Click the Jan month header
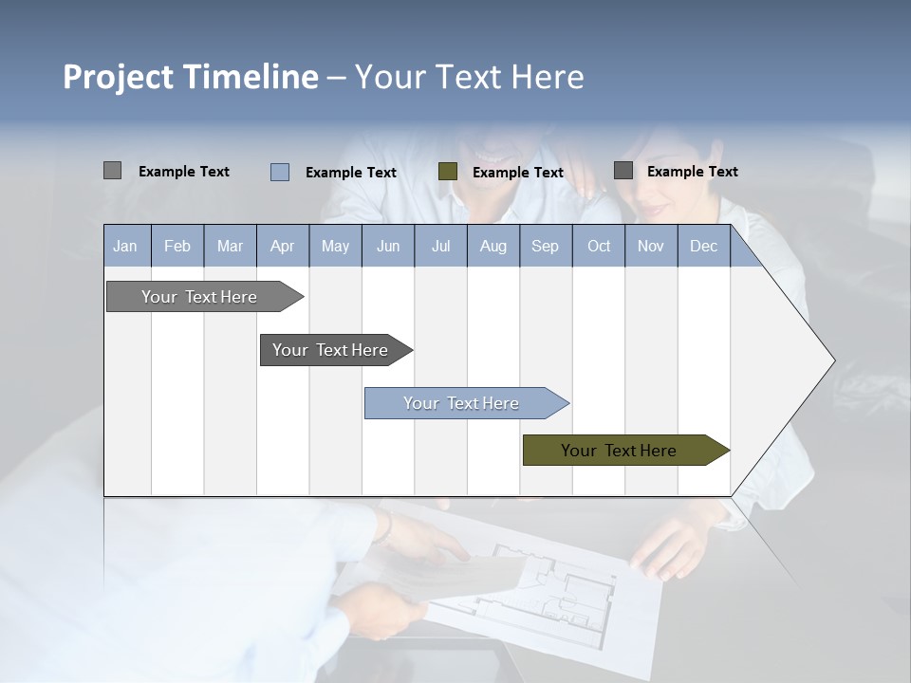pyautogui.click(x=125, y=246)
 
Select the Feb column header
pyautogui.click(x=177, y=246)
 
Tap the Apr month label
pyautogui.click(x=282, y=246)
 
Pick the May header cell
pyautogui.click(x=335, y=246)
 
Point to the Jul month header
pyautogui.click(x=440, y=246)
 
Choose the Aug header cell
pyautogui.click(x=493, y=246)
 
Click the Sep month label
pyautogui.click(x=545, y=246)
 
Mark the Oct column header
pyautogui.click(x=599, y=246)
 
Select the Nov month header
pyautogui.click(x=651, y=246)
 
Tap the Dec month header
pyautogui.click(x=703, y=246)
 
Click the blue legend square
pyautogui.click(x=279, y=172)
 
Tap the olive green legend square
pyautogui.click(x=448, y=172)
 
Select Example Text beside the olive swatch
pyautogui.click(x=517, y=173)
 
